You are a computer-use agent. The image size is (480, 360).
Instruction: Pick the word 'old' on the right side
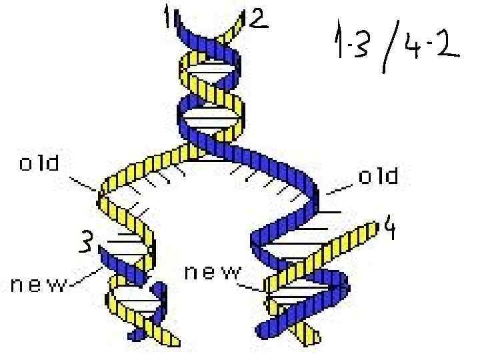pos(379,177)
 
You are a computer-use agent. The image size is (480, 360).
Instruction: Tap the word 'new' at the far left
pos(39,285)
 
